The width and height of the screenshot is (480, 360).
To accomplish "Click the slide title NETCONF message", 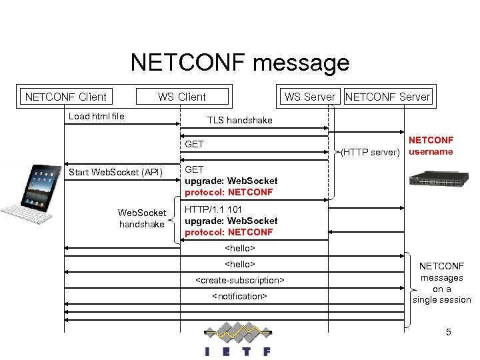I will click(240, 63).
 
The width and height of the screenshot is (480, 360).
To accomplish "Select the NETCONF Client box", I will click(65, 97).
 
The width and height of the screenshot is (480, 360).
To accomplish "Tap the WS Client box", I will click(182, 97).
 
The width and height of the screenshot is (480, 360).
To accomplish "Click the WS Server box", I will click(309, 97).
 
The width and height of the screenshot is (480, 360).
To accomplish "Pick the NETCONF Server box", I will click(388, 97).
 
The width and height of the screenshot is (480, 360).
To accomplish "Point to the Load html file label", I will click(97, 117).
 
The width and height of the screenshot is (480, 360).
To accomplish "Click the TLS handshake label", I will click(239, 120).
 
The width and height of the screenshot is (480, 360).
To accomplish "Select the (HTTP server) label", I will click(369, 152).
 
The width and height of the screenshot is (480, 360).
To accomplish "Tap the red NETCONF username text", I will click(431, 146).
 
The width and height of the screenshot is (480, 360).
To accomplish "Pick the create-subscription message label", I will click(239, 280).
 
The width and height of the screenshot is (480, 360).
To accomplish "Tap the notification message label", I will click(239, 296).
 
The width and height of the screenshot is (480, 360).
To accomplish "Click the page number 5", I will click(449, 331).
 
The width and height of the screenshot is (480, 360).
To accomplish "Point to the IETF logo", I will click(237, 341).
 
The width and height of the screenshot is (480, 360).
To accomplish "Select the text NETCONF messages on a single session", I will click(441, 283).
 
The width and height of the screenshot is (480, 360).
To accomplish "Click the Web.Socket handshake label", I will click(142, 219).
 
